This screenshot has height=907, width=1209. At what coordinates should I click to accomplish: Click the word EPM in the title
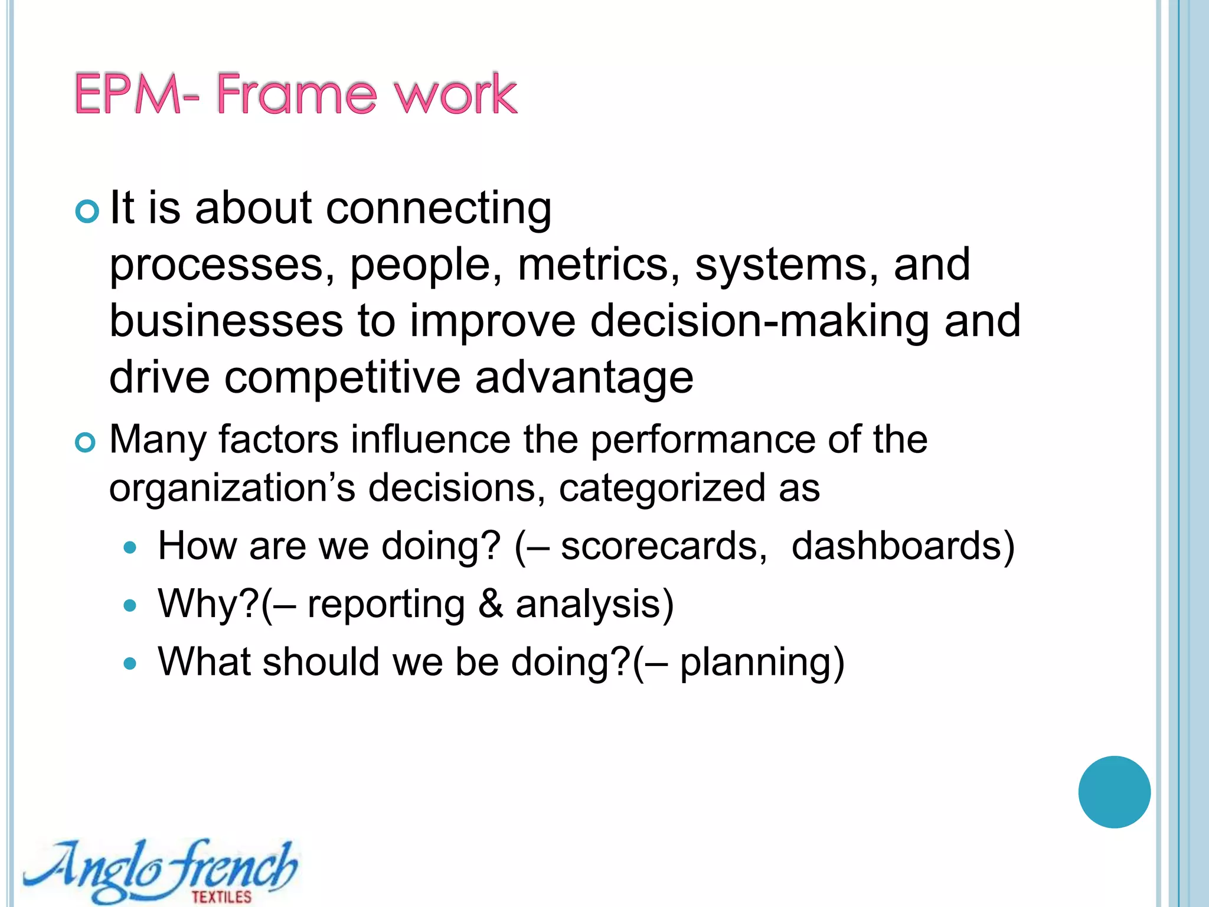coord(128,94)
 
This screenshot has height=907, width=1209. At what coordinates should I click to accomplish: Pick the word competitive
coord(342,378)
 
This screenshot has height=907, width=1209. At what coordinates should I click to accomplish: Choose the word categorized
coord(662,489)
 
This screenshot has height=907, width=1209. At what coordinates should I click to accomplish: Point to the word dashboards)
coord(903,546)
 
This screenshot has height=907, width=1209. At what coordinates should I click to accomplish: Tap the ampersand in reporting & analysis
coord(490,604)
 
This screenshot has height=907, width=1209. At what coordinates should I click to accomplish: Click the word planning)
coord(762,663)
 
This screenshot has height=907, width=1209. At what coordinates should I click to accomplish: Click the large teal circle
coord(1114,792)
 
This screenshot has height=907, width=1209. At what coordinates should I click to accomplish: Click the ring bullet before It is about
coord(87,211)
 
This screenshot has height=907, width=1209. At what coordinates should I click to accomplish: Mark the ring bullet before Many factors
coord(86,442)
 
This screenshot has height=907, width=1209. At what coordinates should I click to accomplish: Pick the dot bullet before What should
coord(130,664)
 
